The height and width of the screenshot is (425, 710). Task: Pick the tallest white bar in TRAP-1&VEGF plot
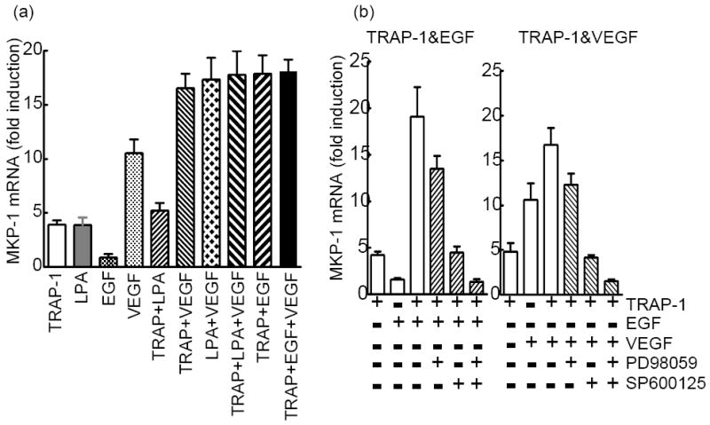pyautogui.click(x=574, y=218)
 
